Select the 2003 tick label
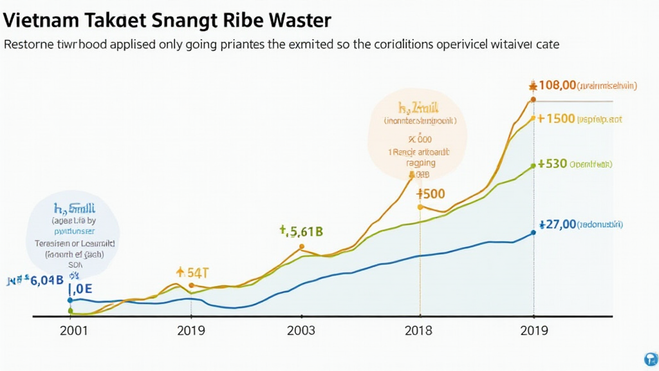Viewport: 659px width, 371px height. pyautogui.click(x=301, y=330)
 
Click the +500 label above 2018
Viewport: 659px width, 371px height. pyautogui.click(x=431, y=193)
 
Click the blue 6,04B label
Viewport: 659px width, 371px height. pyautogui.click(x=40, y=280)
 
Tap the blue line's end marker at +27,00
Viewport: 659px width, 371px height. pyautogui.click(x=534, y=233)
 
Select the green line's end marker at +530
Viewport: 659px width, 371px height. pyautogui.click(x=534, y=166)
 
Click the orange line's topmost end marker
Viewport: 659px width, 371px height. pyautogui.click(x=533, y=99)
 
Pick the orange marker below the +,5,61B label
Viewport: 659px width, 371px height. pyautogui.click(x=301, y=247)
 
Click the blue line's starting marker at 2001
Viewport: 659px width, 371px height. pyautogui.click(x=70, y=300)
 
